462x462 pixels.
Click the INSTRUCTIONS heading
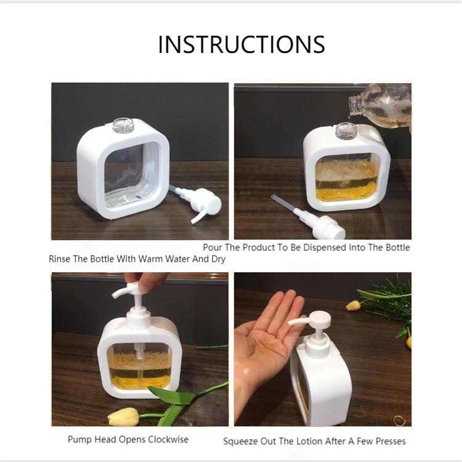pyautogui.click(x=241, y=44)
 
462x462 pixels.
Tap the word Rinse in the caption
pyautogui.click(x=59, y=259)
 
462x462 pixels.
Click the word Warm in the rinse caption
pyautogui.click(x=150, y=259)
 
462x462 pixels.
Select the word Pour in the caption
pyautogui.click(x=213, y=247)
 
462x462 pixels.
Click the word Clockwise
pyautogui.click(x=168, y=439)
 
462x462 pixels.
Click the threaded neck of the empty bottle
pyautogui.click(x=123, y=125)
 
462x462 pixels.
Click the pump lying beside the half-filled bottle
pyautogui.click(x=309, y=217)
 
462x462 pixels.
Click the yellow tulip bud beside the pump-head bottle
pyautogui.click(x=123, y=416)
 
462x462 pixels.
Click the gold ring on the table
pyautogui.click(x=399, y=420)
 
